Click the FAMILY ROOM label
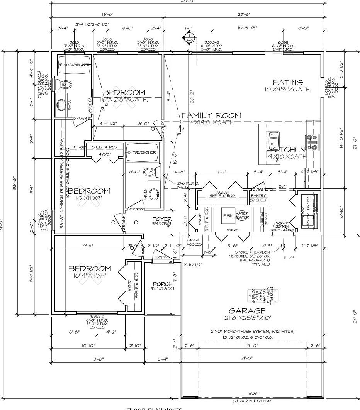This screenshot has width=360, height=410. [x=211, y=115]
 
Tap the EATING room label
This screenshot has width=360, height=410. [x=288, y=82]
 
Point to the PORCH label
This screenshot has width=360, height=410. [x=163, y=284]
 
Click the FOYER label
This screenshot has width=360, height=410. [x=161, y=219]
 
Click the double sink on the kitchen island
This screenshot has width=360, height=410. [x=274, y=138]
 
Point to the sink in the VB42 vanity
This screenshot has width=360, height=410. [x=61, y=104]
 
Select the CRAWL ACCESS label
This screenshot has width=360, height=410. [x=194, y=242]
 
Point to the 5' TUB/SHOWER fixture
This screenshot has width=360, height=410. [x=142, y=152]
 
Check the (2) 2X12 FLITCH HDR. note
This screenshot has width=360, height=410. [x=252, y=401]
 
